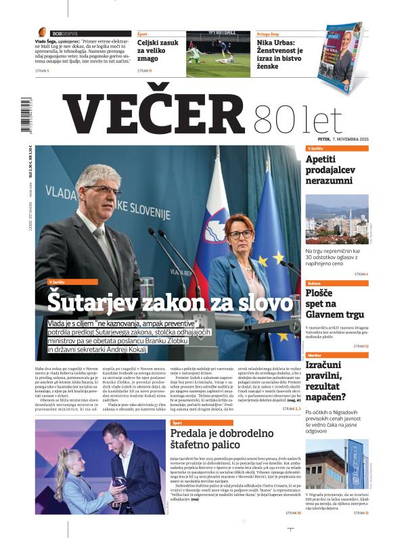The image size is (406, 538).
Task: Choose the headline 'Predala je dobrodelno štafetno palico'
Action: tap(205, 439)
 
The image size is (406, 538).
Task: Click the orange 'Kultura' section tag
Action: tap(315, 283)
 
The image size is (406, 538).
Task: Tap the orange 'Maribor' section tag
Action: tap(315, 355)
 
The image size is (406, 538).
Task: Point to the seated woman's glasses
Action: tap(240, 233)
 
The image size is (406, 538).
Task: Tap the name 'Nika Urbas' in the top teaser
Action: tap(279, 41)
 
